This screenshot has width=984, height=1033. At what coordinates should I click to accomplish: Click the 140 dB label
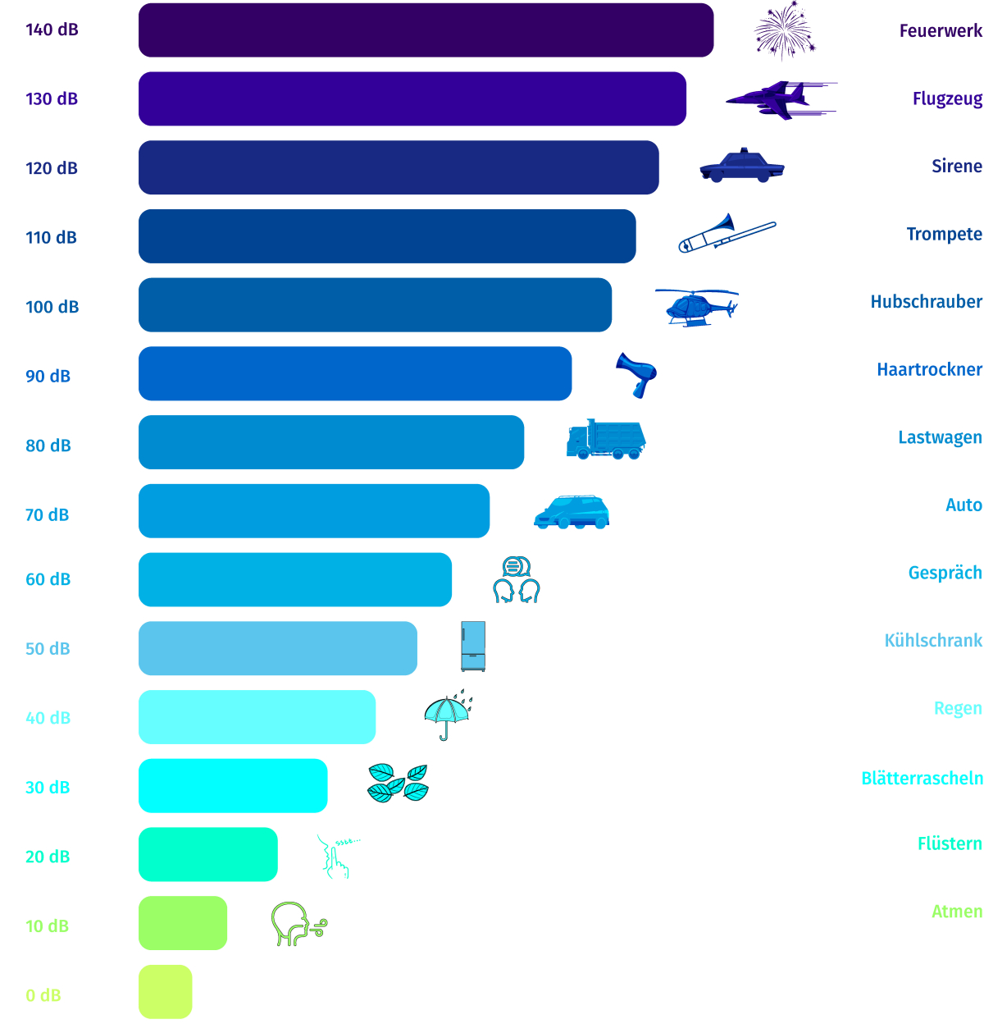coord(52,30)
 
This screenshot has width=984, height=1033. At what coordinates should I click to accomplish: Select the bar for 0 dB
coord(165,991)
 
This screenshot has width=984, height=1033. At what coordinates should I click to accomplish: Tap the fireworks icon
coord(784,31)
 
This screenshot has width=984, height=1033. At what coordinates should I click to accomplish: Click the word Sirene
coord(956,166)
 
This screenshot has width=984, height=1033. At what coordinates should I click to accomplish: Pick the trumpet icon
coord(726,233)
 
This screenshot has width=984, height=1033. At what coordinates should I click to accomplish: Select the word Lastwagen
coord(940,437)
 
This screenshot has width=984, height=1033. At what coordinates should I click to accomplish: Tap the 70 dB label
coord(47,514)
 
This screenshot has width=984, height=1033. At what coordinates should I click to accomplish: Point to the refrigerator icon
coord(473,646)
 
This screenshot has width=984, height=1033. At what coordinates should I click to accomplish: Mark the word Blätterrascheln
coord(922,778)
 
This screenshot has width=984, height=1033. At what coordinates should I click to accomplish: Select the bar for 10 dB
coord(182,922)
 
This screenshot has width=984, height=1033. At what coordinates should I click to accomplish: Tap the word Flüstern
coord(950,843)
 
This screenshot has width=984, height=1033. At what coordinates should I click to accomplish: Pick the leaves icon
coord(399,783)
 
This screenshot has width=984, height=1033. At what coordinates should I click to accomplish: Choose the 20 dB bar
coord(207,854)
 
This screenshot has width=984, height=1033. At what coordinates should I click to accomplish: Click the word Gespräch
coord(945,573)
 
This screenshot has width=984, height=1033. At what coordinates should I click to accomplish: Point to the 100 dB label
coord(52,307)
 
